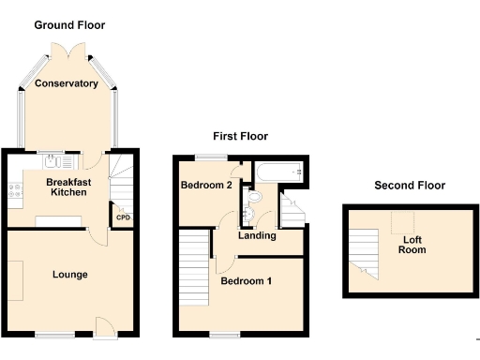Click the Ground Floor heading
pos(69,25)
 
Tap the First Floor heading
pos(239,138)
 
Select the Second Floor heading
pos(409,186)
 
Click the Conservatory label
pos(67,83)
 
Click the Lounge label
pos(70,275)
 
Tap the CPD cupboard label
pos(123,218)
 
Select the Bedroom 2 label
pos(205,186)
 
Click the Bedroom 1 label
pos(246,280)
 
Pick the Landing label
pos(257,235)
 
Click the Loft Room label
pos(412,245)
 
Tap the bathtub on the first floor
pos(278,171)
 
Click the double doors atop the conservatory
pos(67,49)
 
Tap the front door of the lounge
pos(106,325)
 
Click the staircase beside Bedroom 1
pos(193,269)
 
